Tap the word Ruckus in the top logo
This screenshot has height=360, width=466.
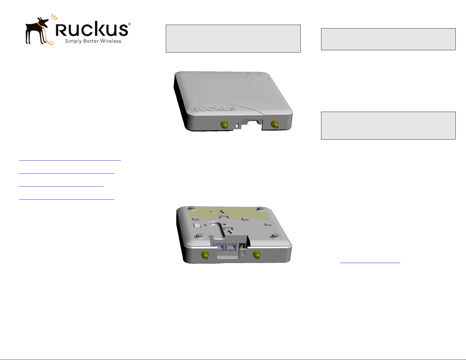point(92,29)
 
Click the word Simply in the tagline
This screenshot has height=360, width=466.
point(73,41)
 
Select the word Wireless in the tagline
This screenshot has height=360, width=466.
point(111,41)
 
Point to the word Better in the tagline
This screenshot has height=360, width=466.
point(91,41)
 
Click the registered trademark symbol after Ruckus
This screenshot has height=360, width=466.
point(129,24)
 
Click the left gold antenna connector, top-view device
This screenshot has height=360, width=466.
point(225,125)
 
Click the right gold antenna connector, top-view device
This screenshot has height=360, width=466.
point(275,125)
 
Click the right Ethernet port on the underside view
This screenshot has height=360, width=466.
point(232,247)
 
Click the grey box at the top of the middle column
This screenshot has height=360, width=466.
point(233,38)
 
